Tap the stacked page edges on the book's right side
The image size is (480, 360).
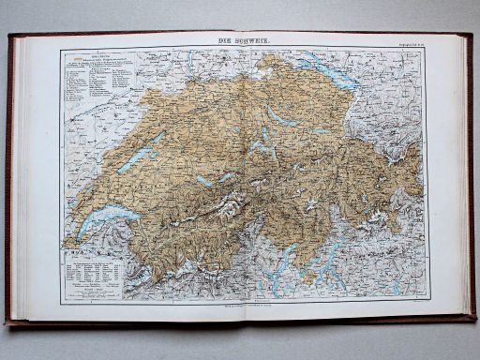[x=463, y=178]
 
